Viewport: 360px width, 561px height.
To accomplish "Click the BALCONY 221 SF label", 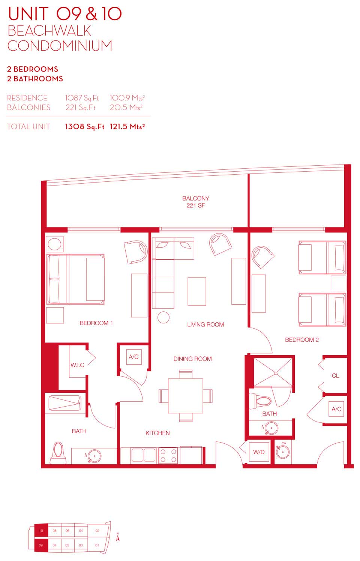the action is coord(195,202).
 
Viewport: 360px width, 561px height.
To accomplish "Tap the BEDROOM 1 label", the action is coord(96,323).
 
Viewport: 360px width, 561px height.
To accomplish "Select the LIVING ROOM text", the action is coord(205,325).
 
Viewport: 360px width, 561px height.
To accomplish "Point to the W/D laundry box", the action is coord(259,452).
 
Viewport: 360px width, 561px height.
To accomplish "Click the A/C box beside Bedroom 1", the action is coord(133,357).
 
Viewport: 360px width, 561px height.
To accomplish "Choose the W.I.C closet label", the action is coord(77,365).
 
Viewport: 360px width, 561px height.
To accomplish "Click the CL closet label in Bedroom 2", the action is coord(335,375).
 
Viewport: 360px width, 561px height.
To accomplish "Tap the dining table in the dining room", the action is coord(186,396).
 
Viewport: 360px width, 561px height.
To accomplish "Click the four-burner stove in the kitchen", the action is coord(168,456).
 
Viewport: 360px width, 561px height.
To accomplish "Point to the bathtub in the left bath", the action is coord(65,403).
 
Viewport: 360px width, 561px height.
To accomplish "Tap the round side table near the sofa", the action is coord(163,317).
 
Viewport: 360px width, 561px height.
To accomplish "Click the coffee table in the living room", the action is coord(197,291).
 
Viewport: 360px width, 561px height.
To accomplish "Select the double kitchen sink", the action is coord(143,455).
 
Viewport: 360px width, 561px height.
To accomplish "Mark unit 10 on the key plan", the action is coord(41,531).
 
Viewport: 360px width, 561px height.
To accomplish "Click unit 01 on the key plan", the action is coord(97,545).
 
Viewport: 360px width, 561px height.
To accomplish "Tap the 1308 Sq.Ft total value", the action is coord(84,126).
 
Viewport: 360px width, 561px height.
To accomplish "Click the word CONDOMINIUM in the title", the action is coord(60,46).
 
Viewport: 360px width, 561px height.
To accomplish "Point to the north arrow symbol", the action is coord(118,537).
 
